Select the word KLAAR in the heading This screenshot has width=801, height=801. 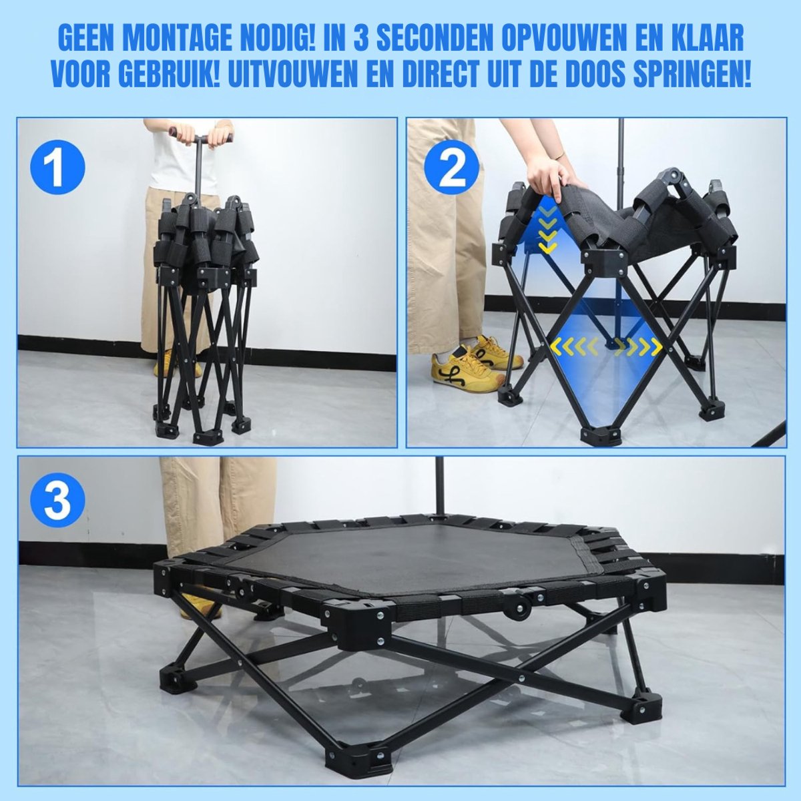pyautogui.click(x=701, y=38)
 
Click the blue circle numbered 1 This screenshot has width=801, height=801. pyautogui.click(x=57, y=167)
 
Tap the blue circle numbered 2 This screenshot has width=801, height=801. pyautogui.click(x=451, y=167)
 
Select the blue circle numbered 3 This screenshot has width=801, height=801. pyautogui.click(x=57, y=500)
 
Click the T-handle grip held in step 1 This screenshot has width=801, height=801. pyautogui.click(x=200, y=136)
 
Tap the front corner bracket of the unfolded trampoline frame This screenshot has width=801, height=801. pyautogui.click(x=358, y=627)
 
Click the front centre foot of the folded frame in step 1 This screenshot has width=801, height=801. pyautogui.click(x=208, y=437)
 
